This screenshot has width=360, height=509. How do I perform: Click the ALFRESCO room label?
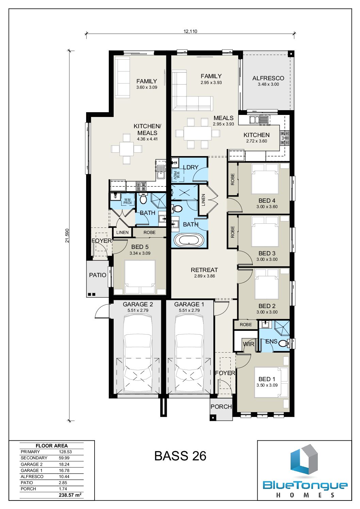tap(268, 78)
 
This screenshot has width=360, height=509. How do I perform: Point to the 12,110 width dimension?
tap(190, 31)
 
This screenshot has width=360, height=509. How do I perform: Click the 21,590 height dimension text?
tap(67, 236)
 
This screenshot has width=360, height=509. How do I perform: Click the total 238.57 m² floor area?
tap(70, 495)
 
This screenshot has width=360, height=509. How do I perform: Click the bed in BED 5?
tap(140, 277)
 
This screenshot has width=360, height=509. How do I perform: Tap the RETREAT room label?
tap(204, 270)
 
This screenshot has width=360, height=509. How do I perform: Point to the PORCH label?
tap(221, 407)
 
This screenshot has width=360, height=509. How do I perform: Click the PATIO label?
tap(98, 275)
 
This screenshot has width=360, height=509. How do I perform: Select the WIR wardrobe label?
tap(248, 344)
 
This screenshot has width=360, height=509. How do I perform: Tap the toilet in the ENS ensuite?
tap(283, 343)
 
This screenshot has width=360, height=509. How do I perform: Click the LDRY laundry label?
tap(191, 167)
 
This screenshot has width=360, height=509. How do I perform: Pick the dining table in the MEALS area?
tap(198, 133)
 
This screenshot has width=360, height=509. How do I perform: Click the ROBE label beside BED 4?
tap(232, 180)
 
